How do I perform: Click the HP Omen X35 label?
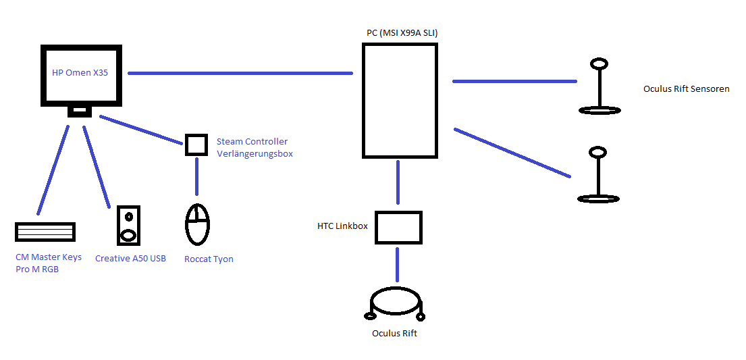80,73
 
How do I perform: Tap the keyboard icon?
45,232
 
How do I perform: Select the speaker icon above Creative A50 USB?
128,225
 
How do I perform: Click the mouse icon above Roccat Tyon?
197,224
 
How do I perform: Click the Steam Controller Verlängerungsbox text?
254,147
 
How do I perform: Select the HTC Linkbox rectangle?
398,228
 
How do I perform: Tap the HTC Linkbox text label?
342,226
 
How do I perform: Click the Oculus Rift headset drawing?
396,304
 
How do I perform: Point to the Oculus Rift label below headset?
395,333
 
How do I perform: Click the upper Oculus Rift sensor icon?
599,86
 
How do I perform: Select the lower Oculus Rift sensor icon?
597,175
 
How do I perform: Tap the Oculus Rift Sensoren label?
686,88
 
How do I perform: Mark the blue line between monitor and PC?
240,73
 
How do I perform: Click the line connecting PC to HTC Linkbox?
398,182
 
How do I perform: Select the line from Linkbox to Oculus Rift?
398,264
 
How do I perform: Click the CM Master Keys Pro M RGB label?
48,263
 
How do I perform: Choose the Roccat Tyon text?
209,259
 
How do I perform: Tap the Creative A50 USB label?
130,259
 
